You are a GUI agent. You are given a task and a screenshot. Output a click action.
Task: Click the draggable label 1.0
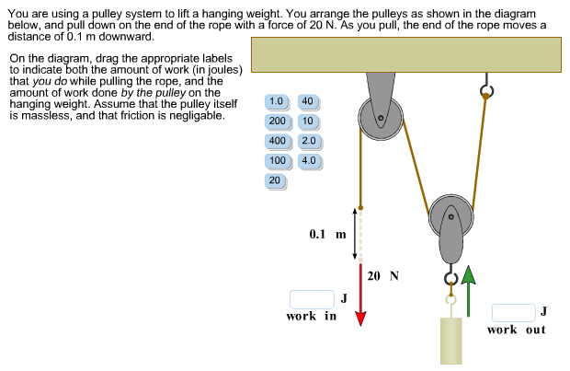(277, 101)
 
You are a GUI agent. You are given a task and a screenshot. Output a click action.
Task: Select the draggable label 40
(307, 101)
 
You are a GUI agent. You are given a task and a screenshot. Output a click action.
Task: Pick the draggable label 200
(277, 122)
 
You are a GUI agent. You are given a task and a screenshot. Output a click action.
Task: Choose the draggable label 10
(307, 122)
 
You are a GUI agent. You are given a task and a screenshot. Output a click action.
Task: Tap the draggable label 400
(277, 141)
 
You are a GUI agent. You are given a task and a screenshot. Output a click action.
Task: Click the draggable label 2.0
(308, 141)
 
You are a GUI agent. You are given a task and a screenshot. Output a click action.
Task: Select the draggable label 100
(277, 160)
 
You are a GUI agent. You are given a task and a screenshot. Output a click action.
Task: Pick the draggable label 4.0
(308, 160)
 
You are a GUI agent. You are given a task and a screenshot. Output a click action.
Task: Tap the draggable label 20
(274, 180)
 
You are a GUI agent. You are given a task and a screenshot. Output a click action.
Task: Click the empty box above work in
(311, 298)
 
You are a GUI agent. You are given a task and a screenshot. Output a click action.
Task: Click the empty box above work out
(513, 312)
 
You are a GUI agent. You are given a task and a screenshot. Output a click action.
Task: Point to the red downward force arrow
(361, 295)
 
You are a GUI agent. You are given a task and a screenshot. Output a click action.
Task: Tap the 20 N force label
(382, 275)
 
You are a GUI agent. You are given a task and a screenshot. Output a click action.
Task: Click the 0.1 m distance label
(327, 234)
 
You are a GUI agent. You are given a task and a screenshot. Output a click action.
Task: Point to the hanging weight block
(450, 340)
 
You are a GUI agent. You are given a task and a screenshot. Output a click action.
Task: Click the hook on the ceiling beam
(486, 89)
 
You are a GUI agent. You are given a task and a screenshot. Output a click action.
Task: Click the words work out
(516, 330)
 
